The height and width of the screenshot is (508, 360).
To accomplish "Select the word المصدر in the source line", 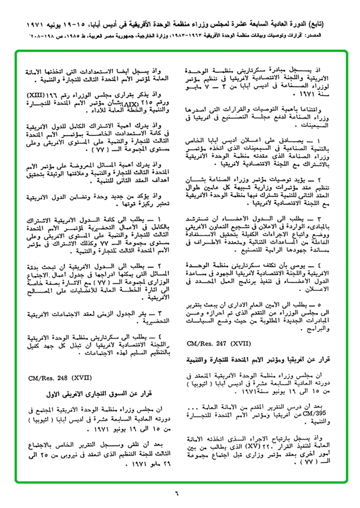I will [x=341, y=36].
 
